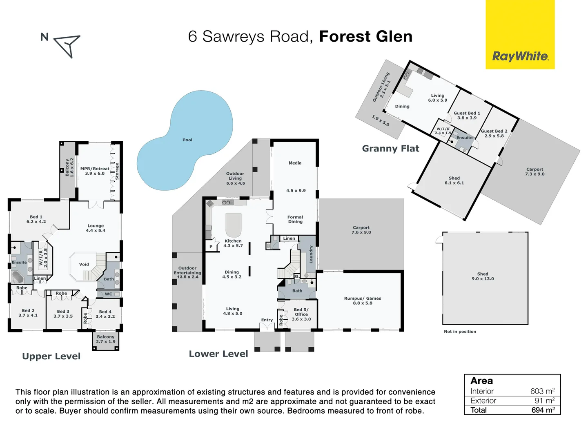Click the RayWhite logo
pyautogui.click(x=520, y=56)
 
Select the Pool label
pyautogui.click(x=187, y=140)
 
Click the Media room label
pyautogui.click(x=295, y=163)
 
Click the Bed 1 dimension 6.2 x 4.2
pyautogui.click(x=36, y=222)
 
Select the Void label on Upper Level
pyautogui.click(x=84, y=265)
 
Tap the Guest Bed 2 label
pyautogui.click(x=494, y=131)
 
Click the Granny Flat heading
pyautogui.click(x=390, y=149)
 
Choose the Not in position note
pyautogui.click(x=460, y=332)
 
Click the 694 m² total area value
pyautogui.click(x=543, y=410)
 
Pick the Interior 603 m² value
pyautogui.click(x=542, y=391)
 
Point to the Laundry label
pyautogui.click(x=311, y=254)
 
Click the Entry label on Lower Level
pyautogui.click(x=267, y=320)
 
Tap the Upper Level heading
pyautogui.click(x=51, y=356)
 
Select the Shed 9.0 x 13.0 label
pyautogui.click(x=483, y=276)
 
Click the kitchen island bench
pyautogui.click(x=233, y=225)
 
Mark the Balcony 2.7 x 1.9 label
pyautogui.click(x=106, y=339)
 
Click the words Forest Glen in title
pyautogui.click(x=365, y=36)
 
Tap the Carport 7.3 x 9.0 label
pyautogui.click(x=535, y=171)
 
